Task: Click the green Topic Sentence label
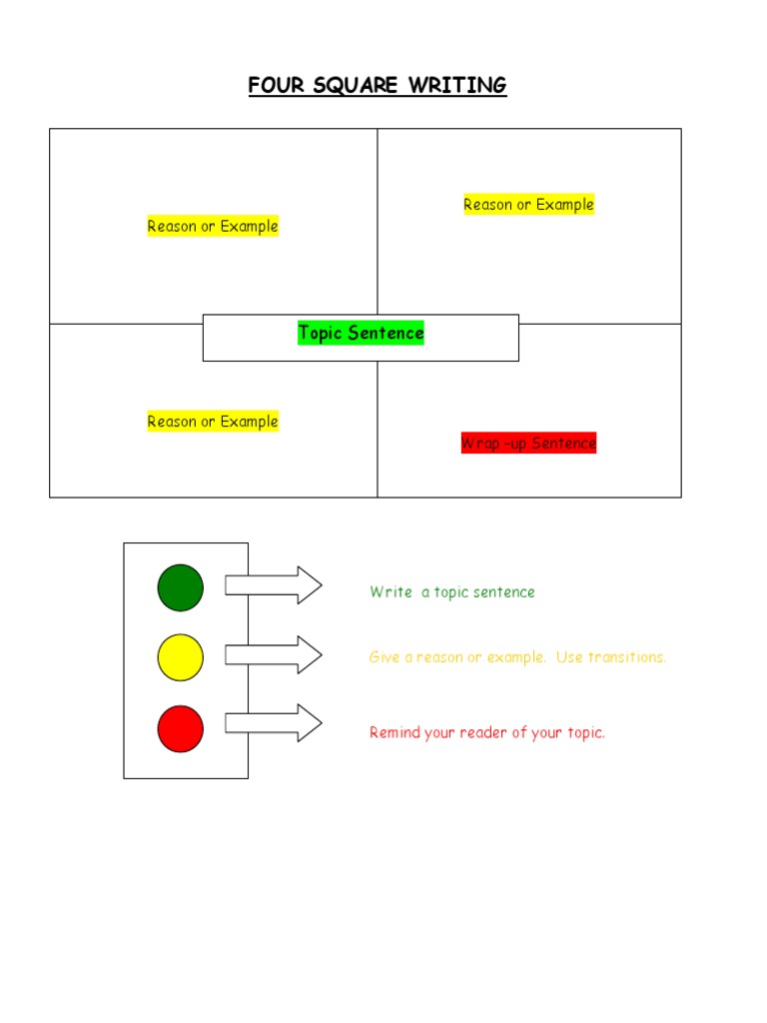[361, 333]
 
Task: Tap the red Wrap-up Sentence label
[528, 443]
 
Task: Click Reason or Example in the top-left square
[213, 226]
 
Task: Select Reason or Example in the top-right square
[528, 205]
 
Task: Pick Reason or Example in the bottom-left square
[213, 422]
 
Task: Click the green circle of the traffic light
[180, 587]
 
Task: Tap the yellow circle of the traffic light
[180, 657]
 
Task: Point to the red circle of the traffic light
[180, 727]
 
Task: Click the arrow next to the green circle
[273, 585]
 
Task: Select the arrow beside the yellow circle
[273, 655]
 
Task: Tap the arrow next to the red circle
[273, 722]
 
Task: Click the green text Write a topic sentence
[451, 592]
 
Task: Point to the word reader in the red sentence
[482, 732]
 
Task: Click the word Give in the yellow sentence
[383, 657]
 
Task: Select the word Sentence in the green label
[390, 333]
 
